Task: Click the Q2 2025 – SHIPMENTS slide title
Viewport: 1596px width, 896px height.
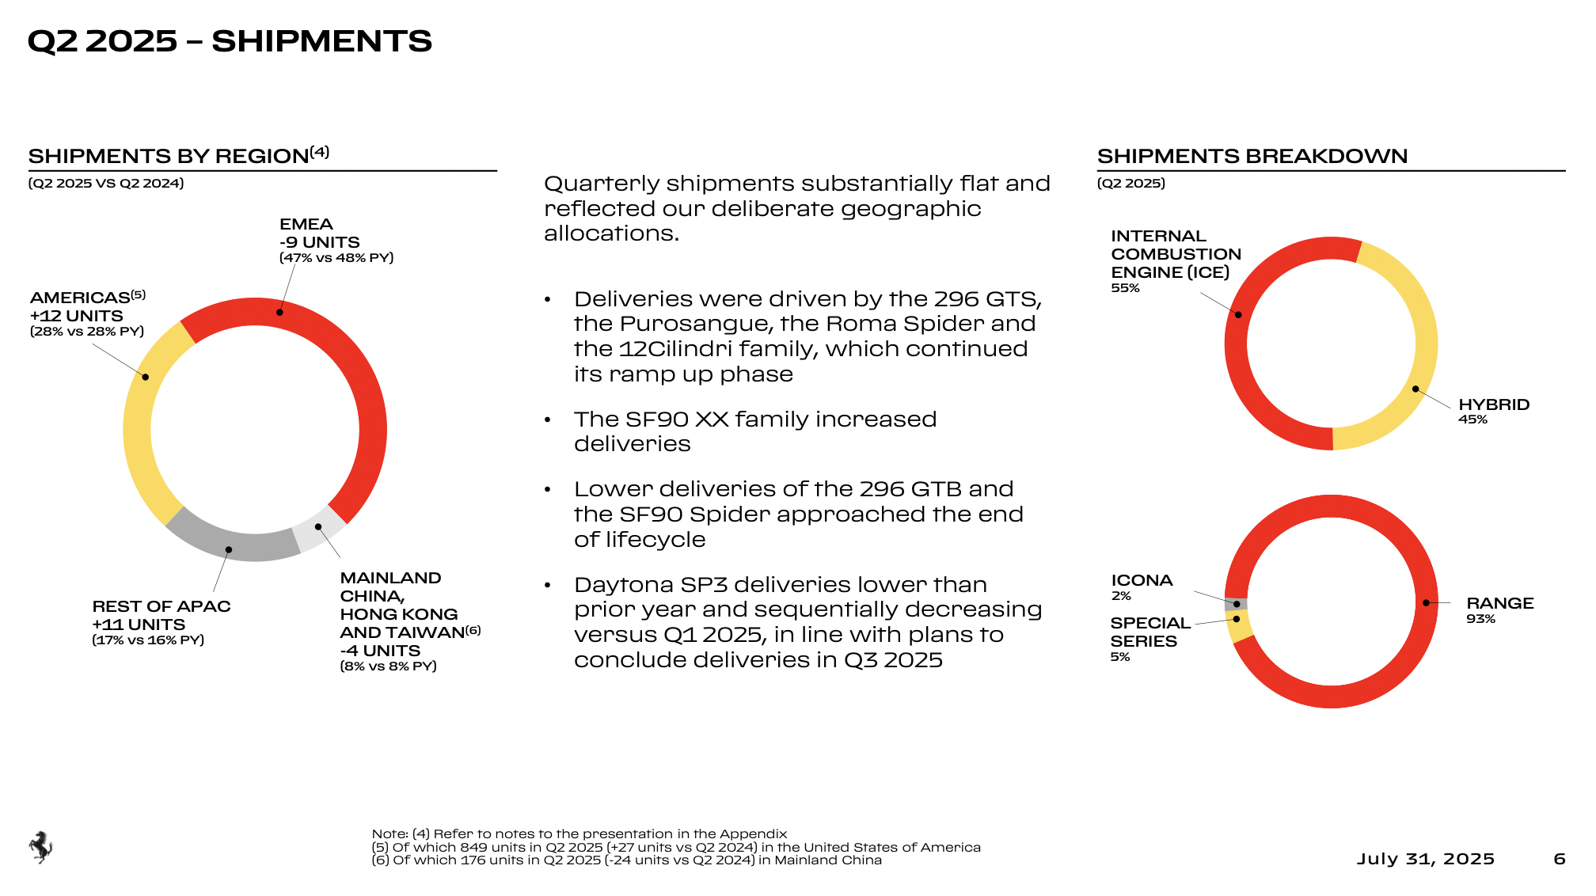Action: [230, 41]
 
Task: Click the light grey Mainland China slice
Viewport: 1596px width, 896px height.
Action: [319, 527]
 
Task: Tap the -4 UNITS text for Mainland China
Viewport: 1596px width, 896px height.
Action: [380, 651]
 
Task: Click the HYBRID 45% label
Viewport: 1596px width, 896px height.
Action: [1494, 411]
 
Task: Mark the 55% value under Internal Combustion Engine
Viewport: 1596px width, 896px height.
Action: [1125, 288]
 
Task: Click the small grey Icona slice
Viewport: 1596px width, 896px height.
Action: [1236, 604]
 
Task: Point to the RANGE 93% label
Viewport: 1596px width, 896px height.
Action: [1499, 610]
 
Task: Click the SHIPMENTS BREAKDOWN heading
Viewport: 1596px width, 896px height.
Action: [1252, 156]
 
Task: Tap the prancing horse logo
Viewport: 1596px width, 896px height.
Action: [40, 847]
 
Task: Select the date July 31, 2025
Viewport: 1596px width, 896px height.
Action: [1426, 859]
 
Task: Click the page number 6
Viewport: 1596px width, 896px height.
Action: [1560, 859]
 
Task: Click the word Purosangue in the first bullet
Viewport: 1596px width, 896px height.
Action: [696, 324]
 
